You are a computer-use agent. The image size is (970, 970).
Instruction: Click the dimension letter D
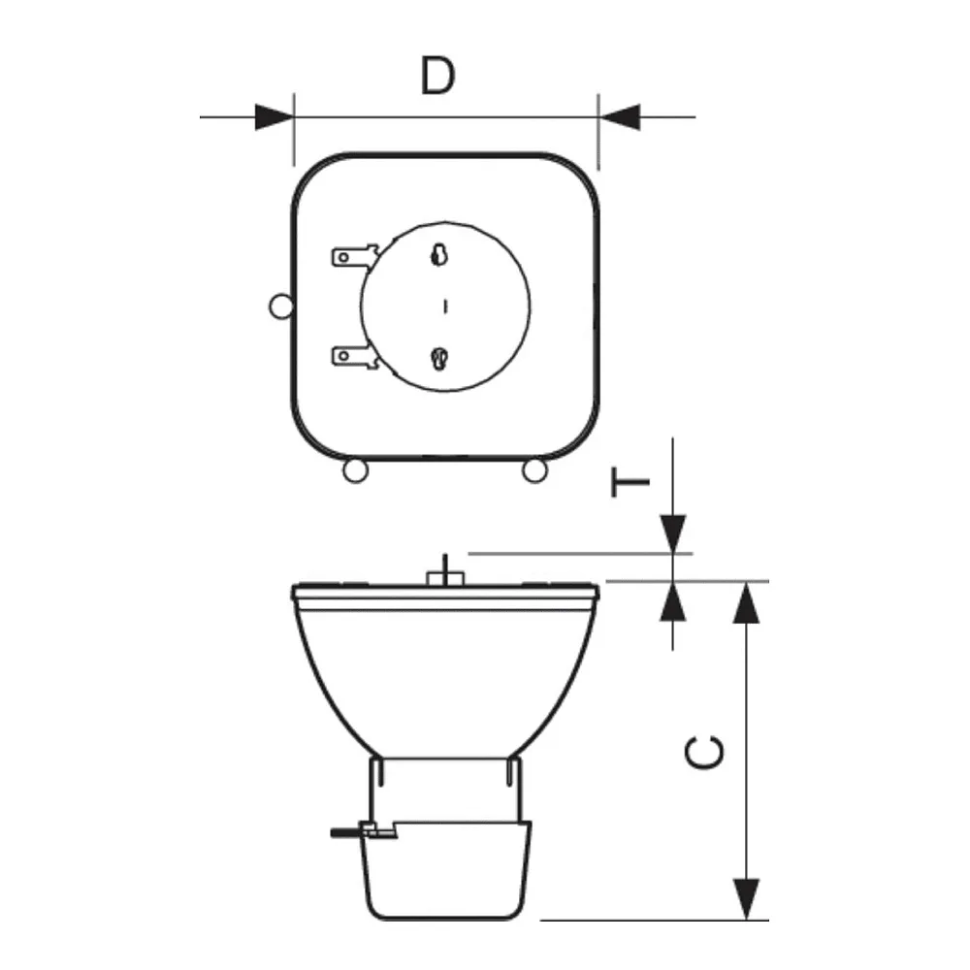pyautogui.click(x=438, y=76)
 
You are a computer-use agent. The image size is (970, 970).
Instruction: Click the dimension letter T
pyautogui.click(x=630, y=481)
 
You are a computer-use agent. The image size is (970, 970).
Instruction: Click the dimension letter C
pyautogui.click(x=704, y=752)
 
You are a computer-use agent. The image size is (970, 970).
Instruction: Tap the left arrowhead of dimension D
pyautogui.click(x=275, y=116)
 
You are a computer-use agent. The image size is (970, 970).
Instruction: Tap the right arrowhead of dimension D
pyautogui.click(x=619, y=116)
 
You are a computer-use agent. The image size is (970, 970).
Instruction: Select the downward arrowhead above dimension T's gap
pyautogui.click(x=673, y=533)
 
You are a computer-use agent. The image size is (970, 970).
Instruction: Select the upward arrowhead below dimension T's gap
pyautogui.click(x=673, y=600)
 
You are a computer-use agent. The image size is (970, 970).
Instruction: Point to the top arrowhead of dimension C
pyautogui.click(x=747, y=602)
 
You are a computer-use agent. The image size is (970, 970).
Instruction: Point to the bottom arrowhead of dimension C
pyautogui.click(x=747, y=899)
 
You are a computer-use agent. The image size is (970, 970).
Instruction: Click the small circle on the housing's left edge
pyautogui.click(x=281, y=307)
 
